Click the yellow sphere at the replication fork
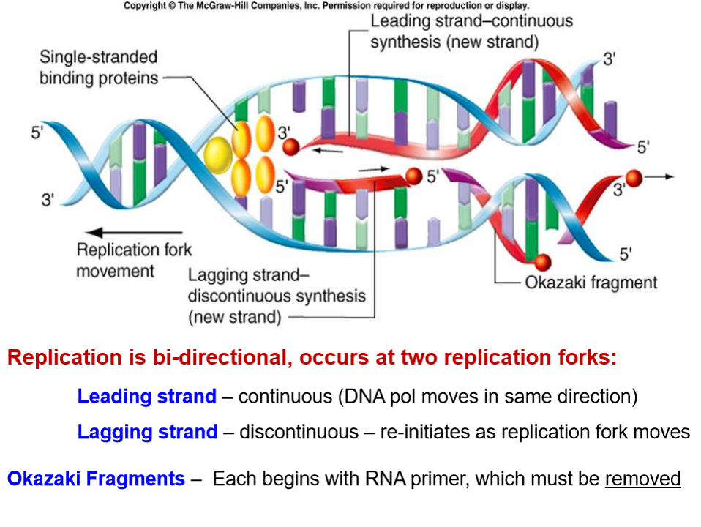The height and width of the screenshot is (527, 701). [x=217, y=154]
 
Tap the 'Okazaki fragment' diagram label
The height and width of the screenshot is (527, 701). [x=591, y=283]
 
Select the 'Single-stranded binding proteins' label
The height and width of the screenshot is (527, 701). [x=99, y=67]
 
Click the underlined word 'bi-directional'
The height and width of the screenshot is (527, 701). [x=219, y=358]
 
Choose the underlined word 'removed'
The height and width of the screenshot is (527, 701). [x=642, y=479]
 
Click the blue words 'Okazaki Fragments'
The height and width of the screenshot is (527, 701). [x=96, y=479]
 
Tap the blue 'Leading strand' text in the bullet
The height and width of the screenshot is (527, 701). [x=147, y=397]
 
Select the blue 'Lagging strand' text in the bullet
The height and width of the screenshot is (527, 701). [x=147, y=432]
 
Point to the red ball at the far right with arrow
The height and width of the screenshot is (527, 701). [x=634, y=178]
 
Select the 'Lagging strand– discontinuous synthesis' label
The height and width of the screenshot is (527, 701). [x=276, y=296]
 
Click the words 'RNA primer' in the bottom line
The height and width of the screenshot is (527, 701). [x=481, y=479]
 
